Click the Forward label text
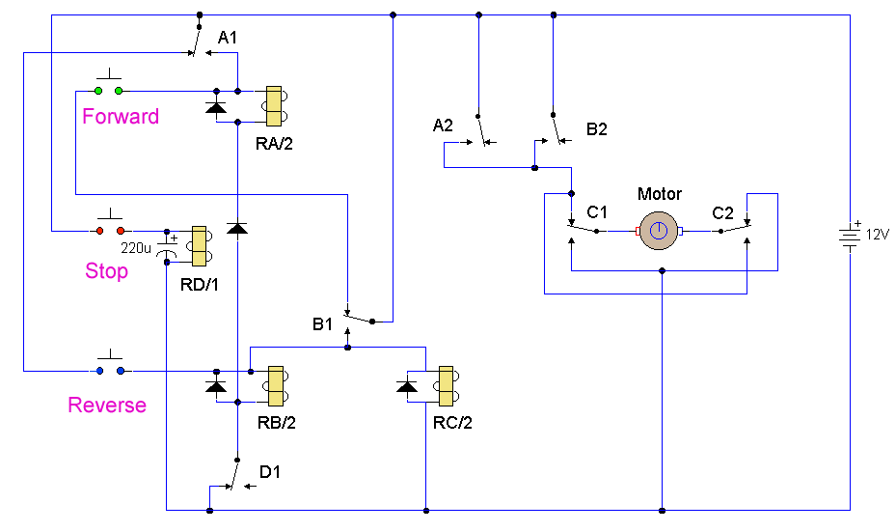[121, 116]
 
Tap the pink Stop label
[106, 270]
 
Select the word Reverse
[107, 405]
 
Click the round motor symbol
[659, 231]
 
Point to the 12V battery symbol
[850, 236]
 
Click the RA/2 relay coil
[274, 106]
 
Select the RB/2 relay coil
[276, 386]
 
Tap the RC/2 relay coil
[447, 386]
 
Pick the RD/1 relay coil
[200, 246]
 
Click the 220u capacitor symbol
[167, 247]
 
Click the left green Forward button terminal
[98, 91]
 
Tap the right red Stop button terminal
[121, 231]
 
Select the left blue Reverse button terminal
[100, 371]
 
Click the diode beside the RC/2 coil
[406, 387]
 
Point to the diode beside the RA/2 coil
[216, 107]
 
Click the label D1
[270, 472]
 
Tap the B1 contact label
[322, 324]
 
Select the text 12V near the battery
[877, 235]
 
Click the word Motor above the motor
[660, 194]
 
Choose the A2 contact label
[443, 126]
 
